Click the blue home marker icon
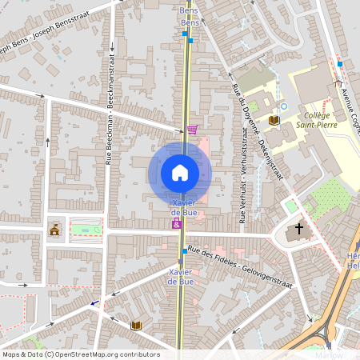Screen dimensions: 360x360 point(180,173)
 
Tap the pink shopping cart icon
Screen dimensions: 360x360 point(192,129)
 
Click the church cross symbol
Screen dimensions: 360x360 point(299,230)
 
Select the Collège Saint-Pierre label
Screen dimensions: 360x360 point(316,120)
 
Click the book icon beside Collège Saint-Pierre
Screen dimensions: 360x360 point(274,120)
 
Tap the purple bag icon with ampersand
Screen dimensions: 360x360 point(176,224)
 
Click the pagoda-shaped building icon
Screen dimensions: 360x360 point(54,230)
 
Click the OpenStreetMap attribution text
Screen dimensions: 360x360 point(80,354)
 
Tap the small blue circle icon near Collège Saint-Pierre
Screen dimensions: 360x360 point(283,106)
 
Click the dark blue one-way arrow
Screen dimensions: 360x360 point(96,303)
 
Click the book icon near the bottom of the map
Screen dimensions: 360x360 point(136,326)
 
